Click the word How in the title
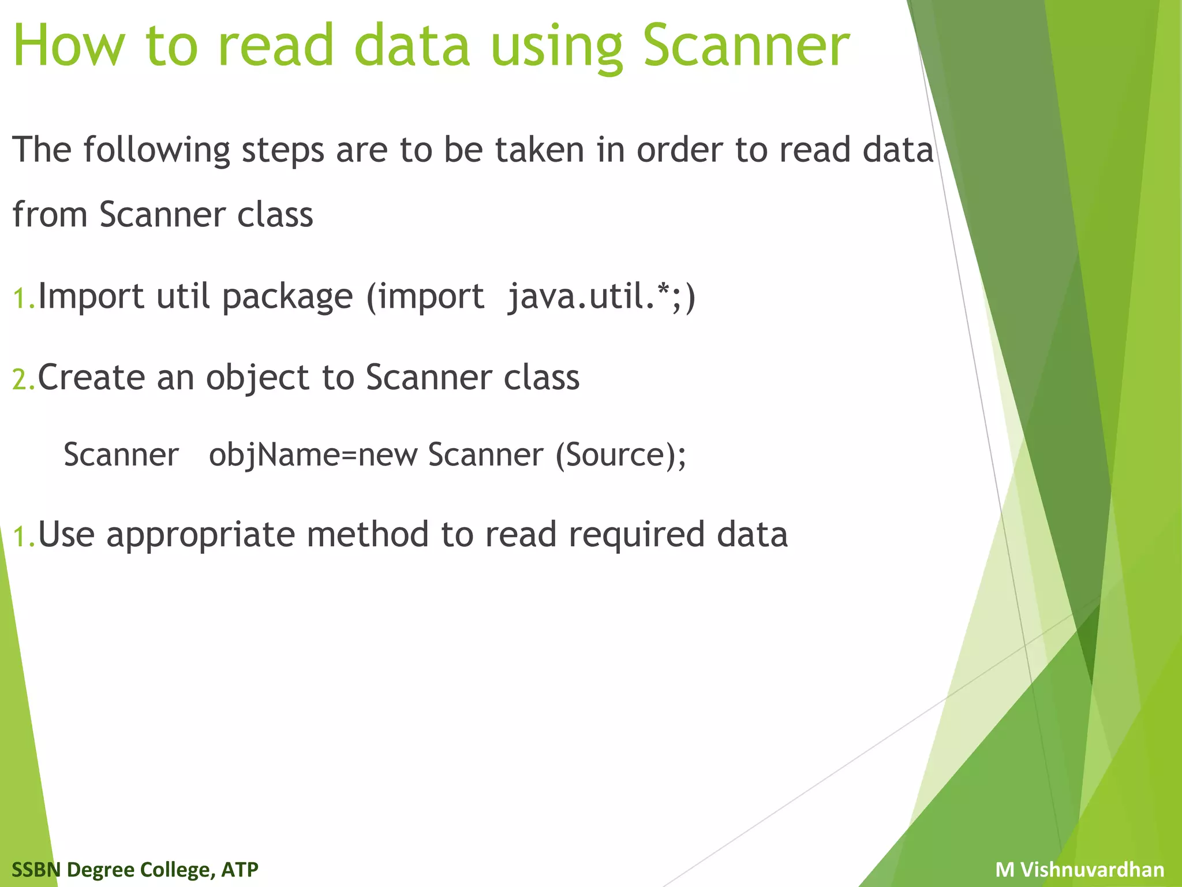tap(69, 46)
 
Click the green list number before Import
tap(24, 299)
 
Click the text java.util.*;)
tap(601, 297)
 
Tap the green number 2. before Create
tap(24, 380)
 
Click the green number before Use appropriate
tap(24, 536)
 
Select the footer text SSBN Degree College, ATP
tap(135, 869)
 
